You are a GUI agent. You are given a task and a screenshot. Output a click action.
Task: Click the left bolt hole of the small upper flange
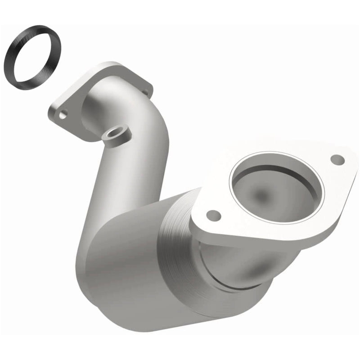click(x=63, y=115)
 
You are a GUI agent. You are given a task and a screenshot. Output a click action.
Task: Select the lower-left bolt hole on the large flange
click(x=213, y=215)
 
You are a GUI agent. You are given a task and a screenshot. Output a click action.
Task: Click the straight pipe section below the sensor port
click(x=110, y=180)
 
